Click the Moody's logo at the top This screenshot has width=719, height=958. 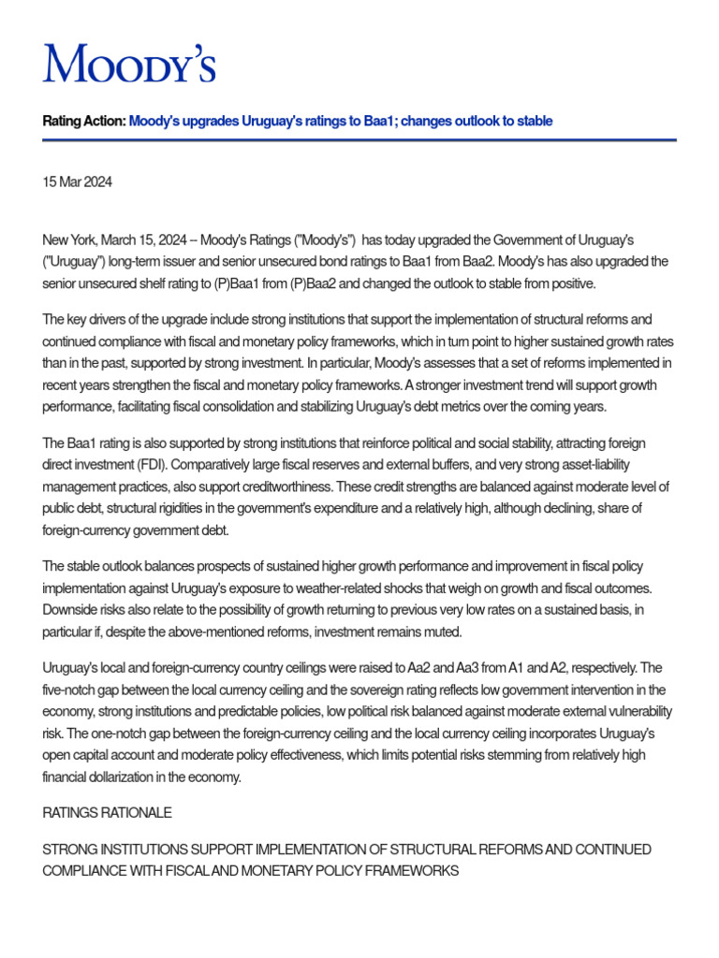[x=129, y=63]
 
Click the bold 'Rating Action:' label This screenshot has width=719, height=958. [x=83, y=122]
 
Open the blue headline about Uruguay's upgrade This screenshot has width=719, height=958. [x=341, y=122]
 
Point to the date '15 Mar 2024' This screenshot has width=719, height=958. [x=78, y=182]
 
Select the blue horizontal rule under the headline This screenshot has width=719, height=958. [x=359, y=140]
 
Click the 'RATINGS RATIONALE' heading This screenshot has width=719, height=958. [x=107, y=814]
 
